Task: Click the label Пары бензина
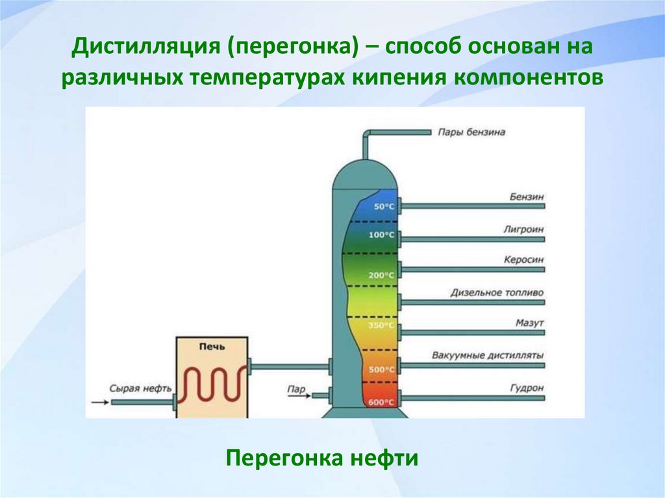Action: (x=471, y=132)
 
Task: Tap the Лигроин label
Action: (x=523, y=229)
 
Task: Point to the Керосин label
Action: (x=523, y=260)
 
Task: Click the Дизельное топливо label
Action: (x=497, y=292)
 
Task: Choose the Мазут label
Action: (x=529, y=323)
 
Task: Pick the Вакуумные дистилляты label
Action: (x=488, y=355)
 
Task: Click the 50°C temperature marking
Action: (x=383, y=206)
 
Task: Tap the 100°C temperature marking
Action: (x=382, y=235)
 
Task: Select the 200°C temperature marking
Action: (x=382, y=275)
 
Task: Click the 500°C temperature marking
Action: (x=382, y=369)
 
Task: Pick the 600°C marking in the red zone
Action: (x=382, y=403)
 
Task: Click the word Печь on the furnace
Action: (x=212, y=347)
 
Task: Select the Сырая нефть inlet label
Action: (x=140, y=388)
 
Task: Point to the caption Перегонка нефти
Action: (x=321, y=458)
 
